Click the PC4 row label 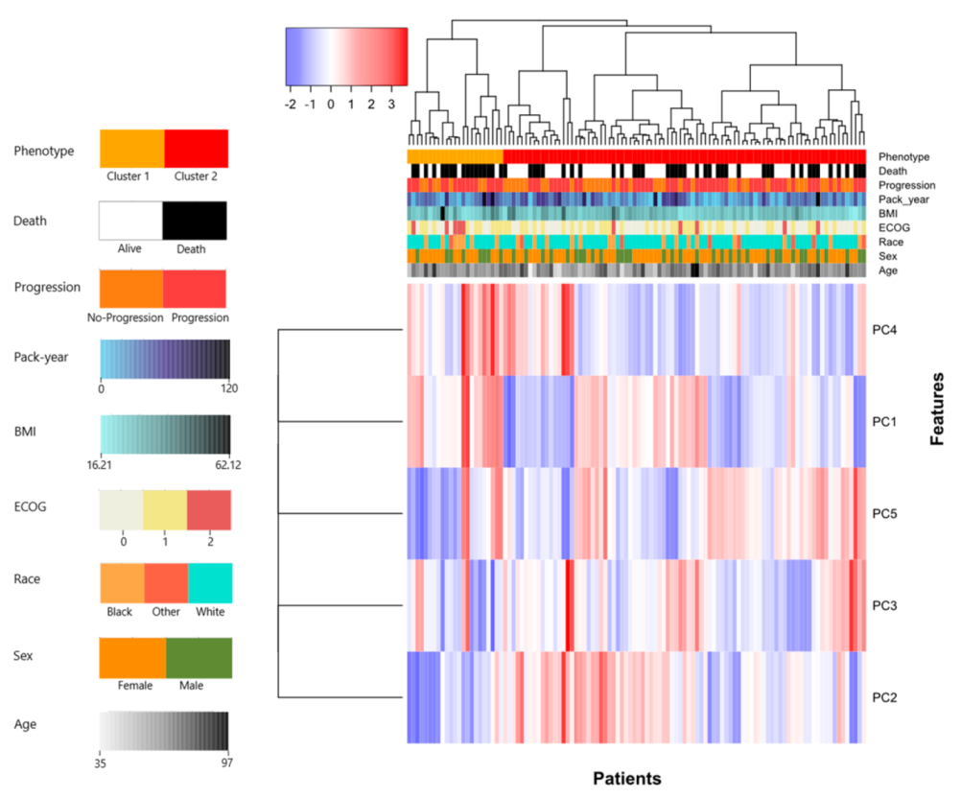[884, 329]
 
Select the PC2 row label [884, 697]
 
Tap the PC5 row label [884, 513]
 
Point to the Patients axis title [627, 777]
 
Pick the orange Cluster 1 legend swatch [132, 149]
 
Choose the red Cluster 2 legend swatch [197, 149]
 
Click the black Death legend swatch [195, 221]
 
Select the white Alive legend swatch [131, 221]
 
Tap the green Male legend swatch [199, 658]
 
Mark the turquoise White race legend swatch [210, 583]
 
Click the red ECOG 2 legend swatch [209, 509]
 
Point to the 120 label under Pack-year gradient [229, 388]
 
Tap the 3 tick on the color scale [390, 104]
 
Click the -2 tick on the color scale [291, 104]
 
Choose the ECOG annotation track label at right [893, 227]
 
